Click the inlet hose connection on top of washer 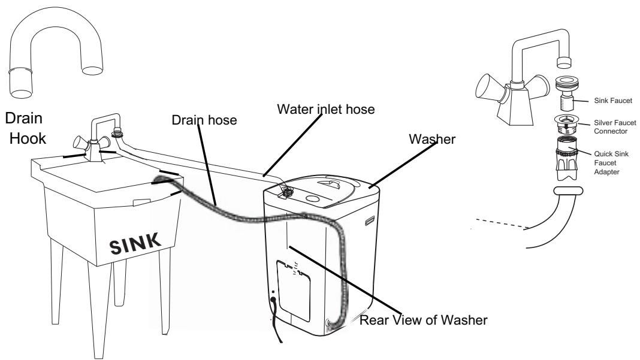(289, 192)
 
